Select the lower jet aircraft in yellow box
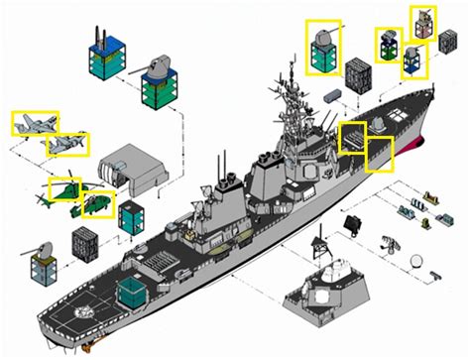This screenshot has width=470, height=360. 67,145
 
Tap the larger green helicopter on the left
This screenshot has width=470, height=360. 65,187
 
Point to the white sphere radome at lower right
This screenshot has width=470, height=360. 421,264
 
